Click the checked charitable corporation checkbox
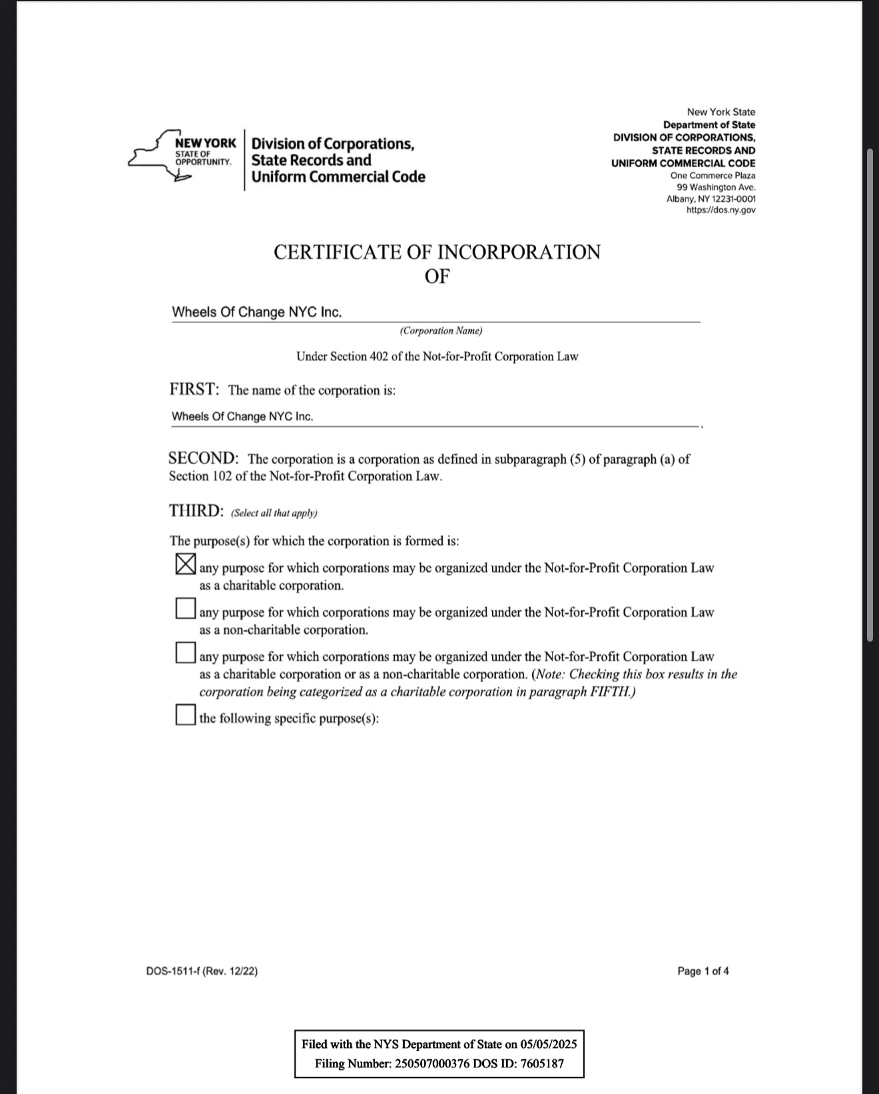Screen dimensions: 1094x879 point(185,564)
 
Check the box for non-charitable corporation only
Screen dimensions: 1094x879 point(185,608)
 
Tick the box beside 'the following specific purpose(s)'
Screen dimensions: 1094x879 point(185,715)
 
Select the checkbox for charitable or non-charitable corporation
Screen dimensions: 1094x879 point(185,652)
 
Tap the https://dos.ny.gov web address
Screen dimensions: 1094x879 point(721,211)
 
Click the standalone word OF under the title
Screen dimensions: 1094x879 point(437,276)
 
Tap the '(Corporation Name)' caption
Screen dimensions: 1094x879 point(441,331)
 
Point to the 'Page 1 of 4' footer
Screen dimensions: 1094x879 point(703,971)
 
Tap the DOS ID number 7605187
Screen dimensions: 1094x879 point(543,1063)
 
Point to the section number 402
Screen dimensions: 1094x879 point(376,356)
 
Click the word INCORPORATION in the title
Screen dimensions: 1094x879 point(519,253)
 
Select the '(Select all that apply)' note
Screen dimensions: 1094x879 point(274,513)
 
